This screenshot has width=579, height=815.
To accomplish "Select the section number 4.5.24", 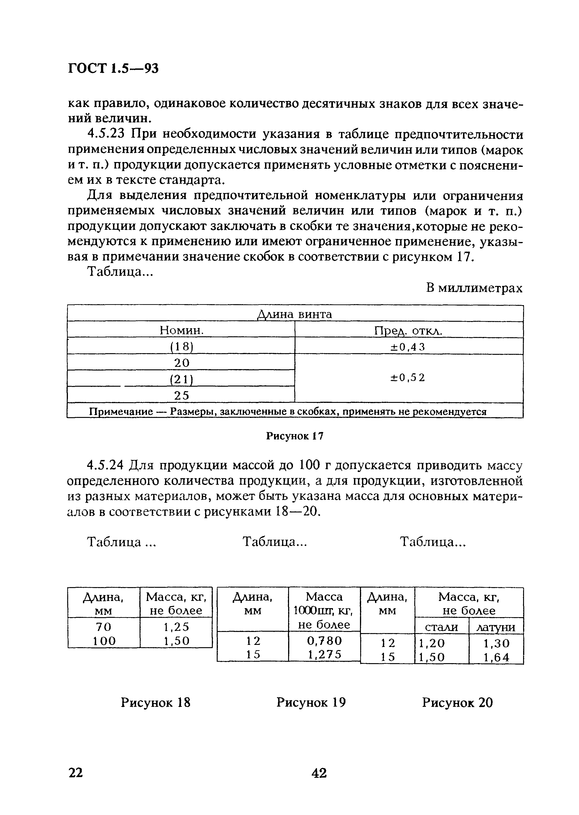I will (106, 466).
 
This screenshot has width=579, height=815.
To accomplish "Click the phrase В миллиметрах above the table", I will (474, 288).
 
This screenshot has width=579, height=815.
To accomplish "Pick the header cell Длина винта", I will (295, 314).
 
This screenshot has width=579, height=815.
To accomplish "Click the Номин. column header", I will (181, 330).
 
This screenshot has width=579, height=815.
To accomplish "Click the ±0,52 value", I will (408, 378).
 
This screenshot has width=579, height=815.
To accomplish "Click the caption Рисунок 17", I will (295, 436).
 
